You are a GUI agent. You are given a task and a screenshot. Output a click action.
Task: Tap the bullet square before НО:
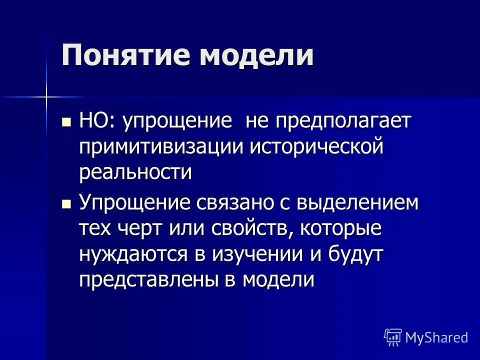[x=65, y=122]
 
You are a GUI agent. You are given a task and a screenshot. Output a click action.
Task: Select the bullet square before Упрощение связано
[x=65, y=203]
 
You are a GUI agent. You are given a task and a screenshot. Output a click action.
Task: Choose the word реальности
[x=135, y=172]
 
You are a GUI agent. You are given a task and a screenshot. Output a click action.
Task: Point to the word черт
[x=145, y=229]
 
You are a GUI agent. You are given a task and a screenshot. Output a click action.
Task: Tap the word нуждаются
[x=132, y=254]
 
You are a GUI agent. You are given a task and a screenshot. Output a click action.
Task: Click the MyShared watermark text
[x=436, y=337]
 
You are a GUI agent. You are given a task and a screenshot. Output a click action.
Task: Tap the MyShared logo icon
[x=393, y=337]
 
